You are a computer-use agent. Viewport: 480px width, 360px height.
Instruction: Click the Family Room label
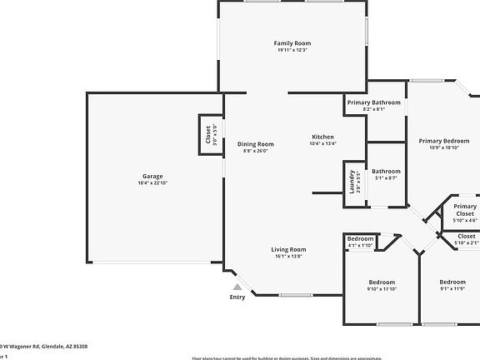pos(292,42)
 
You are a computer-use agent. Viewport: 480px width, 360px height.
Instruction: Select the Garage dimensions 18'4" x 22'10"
pos(152,183)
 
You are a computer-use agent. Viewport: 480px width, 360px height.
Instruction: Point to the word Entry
pos(237,297)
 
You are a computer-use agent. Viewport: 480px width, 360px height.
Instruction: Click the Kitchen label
pos(322,137)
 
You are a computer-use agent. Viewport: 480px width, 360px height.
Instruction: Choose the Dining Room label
pos(255,143)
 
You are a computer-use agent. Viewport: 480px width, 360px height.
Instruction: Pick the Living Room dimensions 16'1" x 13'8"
pos(288,257)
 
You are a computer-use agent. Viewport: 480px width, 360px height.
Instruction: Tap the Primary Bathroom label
pos(374,102)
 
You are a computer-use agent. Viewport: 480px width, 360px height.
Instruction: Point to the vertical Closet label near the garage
pos(208,134)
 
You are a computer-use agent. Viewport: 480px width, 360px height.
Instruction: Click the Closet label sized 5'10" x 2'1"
pos(466,236)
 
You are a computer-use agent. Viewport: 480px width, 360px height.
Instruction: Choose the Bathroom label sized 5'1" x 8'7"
pos(386,171)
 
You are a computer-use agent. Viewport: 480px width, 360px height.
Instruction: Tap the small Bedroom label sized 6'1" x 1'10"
pos(360,238)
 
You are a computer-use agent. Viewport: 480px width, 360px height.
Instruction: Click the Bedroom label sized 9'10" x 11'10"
pos(382,282)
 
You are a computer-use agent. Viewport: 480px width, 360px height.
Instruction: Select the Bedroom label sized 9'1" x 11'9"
pos(452,282)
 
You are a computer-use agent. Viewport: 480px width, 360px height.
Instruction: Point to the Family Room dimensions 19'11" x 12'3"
pos(292,50)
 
